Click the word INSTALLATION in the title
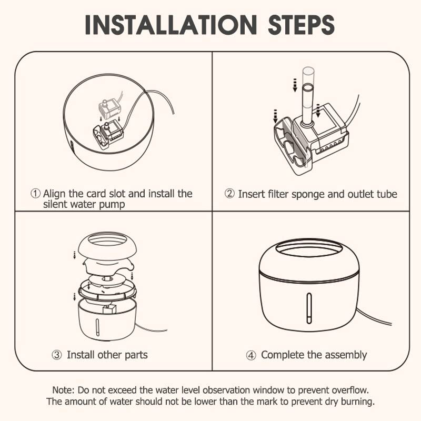tap(171, 24)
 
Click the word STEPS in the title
tap(301, 24)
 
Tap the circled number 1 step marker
tap(35, 193)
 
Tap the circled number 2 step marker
tap(229, 193)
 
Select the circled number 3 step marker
tap(57, 355)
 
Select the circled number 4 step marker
tap(251, 356)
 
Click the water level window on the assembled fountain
tap(309, 308)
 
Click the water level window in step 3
tap(98, 327)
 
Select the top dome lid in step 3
tap(107, 246)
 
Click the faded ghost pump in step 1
tap(110, 109)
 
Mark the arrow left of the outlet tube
tap(295, 85)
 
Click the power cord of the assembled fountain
tap(375, 317)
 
